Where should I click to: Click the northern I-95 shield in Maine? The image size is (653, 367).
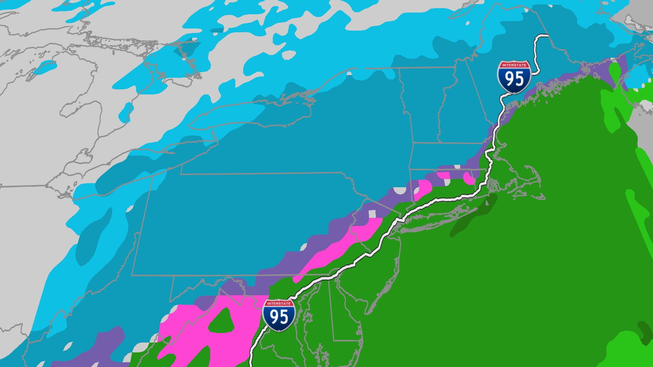pos(514,77)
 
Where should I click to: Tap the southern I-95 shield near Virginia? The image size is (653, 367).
pos(279,315)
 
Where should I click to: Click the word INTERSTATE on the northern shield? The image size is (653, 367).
pos(514,65)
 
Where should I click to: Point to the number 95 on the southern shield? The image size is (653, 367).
pos(279,317)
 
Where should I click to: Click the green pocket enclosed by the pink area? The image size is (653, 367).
pos(222,321)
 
